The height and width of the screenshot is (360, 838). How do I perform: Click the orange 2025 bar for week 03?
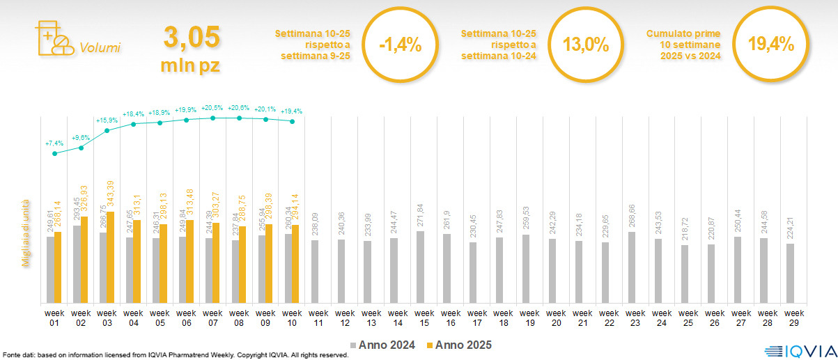tap(110, 257)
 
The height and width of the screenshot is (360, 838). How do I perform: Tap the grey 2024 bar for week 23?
tap(631, 267)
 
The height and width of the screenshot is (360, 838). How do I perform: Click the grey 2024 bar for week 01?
tap(50, 269)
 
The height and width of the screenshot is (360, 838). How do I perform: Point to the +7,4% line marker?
tap(55, 153)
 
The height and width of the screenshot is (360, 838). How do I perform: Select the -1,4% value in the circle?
tap(400, 45)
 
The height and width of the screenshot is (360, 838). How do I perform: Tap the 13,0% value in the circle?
tap(585, 45)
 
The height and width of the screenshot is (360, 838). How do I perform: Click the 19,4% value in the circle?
tap(770, 45)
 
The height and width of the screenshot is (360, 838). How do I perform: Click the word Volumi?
tap(100, 48)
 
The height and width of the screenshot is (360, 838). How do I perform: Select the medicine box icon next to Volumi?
tap(53, 38)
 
